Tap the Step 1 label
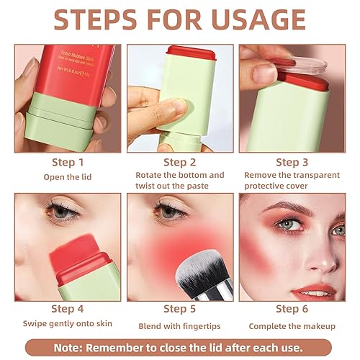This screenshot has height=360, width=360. (x=67, y=163)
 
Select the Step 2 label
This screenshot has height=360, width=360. (x=180, y=163)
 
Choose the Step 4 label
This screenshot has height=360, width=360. (x=67, y=310)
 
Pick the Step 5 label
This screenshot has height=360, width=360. (x=180, y=310)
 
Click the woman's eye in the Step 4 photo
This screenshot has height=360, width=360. (x=59, y=212)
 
